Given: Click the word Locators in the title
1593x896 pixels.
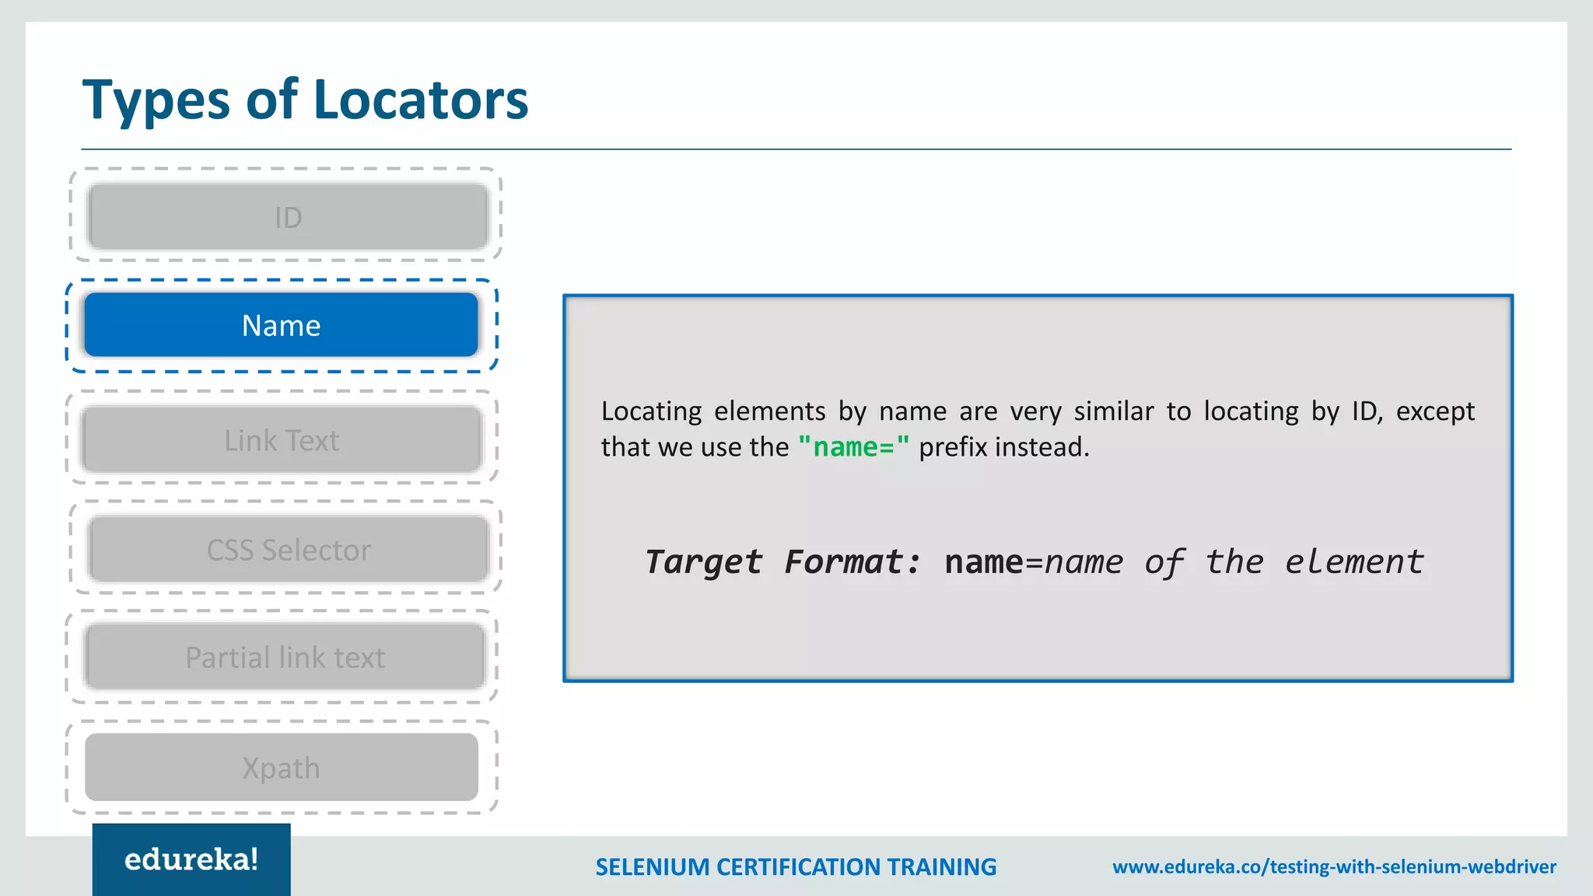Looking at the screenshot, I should coord(420,100).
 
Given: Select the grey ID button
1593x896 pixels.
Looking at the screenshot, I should coord(288,217).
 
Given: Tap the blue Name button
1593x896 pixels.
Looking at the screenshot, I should coord(281,325).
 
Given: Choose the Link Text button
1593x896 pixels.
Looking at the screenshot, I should coord(282,440).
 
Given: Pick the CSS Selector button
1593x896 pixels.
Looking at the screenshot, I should coord(289,550).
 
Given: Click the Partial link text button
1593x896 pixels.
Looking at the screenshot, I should coord(285,657).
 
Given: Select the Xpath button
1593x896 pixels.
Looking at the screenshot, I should coord(281,768).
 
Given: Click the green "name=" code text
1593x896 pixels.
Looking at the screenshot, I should coord(853,447).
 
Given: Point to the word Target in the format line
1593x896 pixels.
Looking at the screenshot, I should coord(703,562).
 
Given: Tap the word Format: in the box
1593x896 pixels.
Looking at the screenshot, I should coord(853,562).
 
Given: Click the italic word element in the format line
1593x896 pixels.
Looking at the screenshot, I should coord(1353,562).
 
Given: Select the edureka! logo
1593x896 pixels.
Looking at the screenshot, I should coord(191,859).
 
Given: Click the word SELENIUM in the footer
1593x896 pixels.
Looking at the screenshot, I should coord(652,866).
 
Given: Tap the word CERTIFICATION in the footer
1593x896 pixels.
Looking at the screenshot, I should coord(798,866).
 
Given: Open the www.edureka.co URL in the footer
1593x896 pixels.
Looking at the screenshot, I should coord(1334,866).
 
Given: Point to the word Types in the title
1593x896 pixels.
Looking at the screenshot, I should coord(156,100).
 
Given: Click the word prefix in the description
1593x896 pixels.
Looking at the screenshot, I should coord(954,447).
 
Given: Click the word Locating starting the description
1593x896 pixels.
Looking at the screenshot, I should coord(651,411).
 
